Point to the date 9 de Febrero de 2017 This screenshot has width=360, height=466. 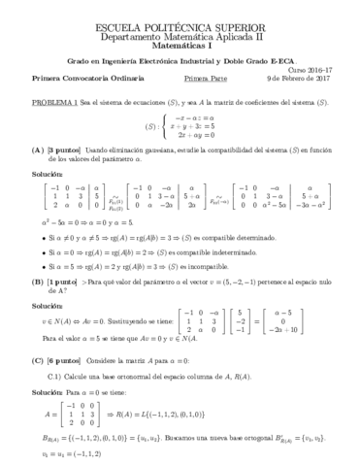(x=300, y=79)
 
